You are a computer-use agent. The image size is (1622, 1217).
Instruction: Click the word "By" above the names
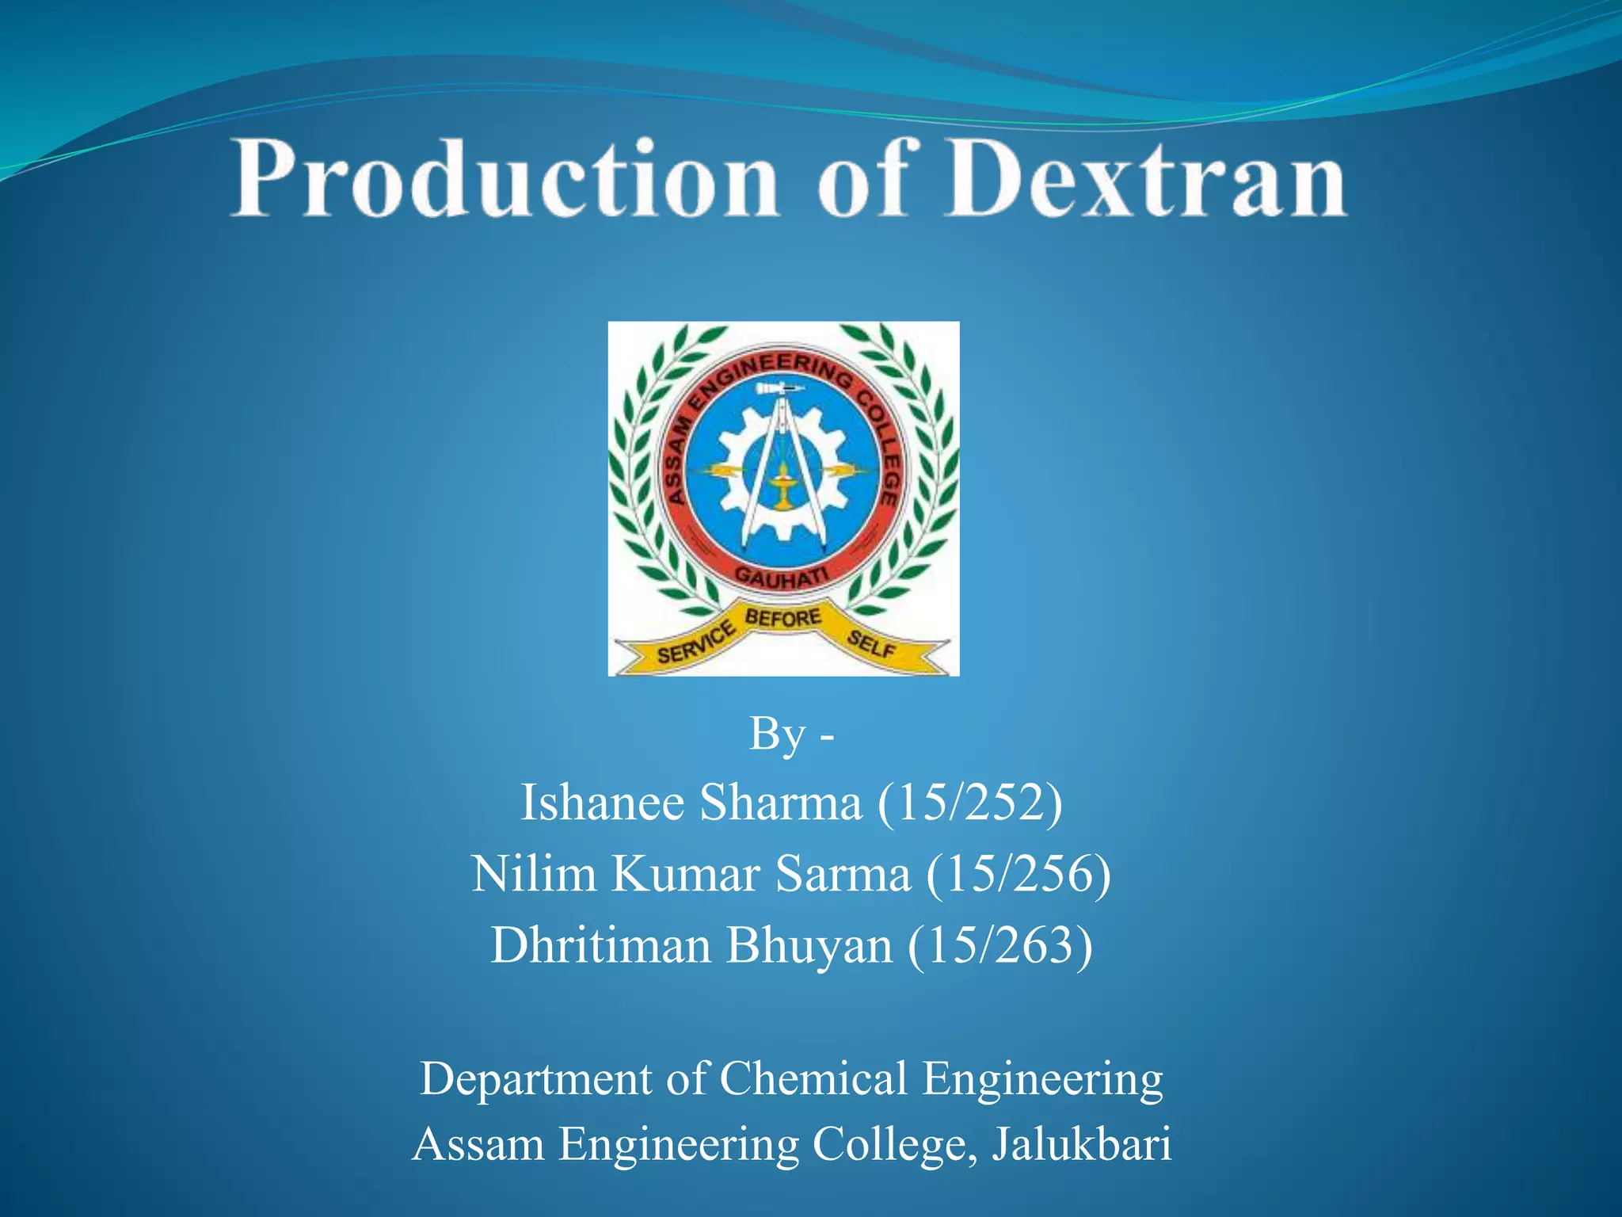click(776, 734)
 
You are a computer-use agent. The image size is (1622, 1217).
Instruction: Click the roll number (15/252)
click(969, 803)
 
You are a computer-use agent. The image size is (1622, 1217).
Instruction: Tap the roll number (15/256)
click(1019, 874)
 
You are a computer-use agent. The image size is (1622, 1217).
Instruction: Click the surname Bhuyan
click(809, 945)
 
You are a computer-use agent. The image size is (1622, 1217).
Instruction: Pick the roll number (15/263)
click(1000, 945)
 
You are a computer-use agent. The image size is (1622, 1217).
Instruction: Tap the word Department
click(536, 1079)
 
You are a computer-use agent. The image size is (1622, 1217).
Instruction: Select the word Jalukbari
click(1081, 1144)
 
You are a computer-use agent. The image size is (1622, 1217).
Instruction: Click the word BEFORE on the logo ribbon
click(782, 617)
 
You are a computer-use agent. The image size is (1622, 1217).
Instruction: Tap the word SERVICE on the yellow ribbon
click(695, 643)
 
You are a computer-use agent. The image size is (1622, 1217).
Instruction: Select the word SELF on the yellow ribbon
click(871, 644)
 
